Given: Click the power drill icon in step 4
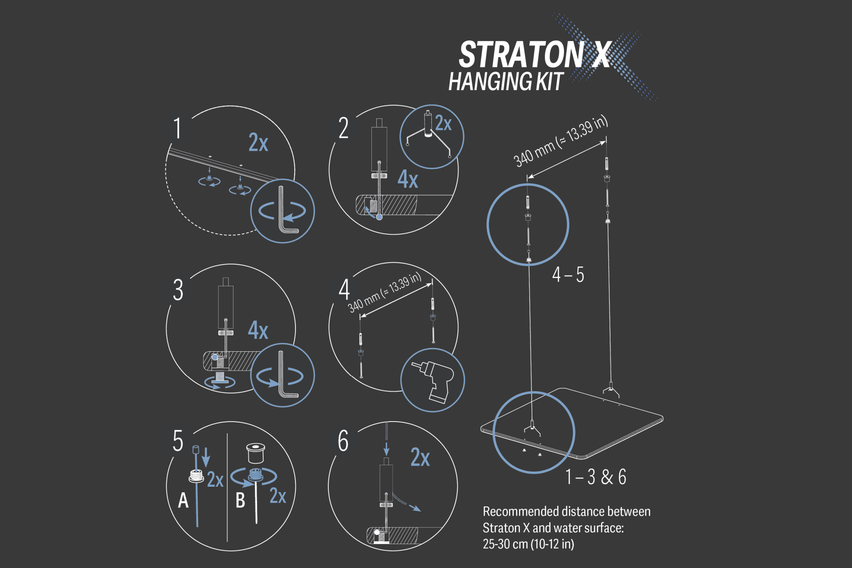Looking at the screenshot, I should click(x=433, y=380).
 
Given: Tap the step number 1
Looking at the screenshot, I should click(x=177, y=128).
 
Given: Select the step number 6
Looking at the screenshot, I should click(x=343, y=441).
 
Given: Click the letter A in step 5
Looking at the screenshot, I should click(x=183, y=501).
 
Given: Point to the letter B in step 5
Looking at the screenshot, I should click(x=240, y=501).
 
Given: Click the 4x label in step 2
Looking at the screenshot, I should click(x=408, y=179).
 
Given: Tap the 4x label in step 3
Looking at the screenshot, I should click(x=258, y=331).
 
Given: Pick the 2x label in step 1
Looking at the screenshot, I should click(x=258, y=143).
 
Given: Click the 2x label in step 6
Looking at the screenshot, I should click(x=420, y=458).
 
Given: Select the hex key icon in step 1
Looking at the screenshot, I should click(x=283, y=211).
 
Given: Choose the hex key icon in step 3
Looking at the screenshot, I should click(x=283, y=375).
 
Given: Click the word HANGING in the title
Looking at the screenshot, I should click(x=490, y=82).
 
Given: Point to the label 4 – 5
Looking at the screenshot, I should click(x=568, y=275).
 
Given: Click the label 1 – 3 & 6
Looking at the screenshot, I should click(x=596, y=477).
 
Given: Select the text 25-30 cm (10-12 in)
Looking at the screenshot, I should click(x=528, y=544).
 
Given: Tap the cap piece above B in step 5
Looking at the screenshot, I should click(x=256, y=453).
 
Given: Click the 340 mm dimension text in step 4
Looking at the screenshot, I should click(x=384, y=293).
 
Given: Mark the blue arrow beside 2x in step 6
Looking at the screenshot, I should click(x=414, y=508).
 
